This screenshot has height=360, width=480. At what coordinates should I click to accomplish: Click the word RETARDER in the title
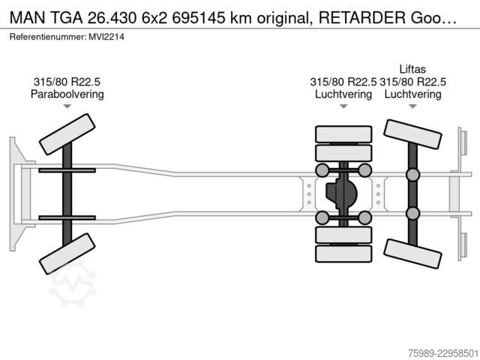pyautogui.click(x=361, y=18)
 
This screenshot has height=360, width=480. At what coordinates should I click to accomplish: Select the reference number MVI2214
pyautogui.click(x=106, y=37)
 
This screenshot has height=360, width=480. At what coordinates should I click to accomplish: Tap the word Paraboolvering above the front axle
pyautogui.click(x=67, y=94)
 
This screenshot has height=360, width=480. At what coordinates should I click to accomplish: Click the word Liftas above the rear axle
pyautogui.click(x=412, y=69)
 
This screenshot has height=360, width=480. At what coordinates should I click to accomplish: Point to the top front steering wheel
pyautogui.click(x=67, y=134)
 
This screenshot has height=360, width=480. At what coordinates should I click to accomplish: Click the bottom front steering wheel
pyautogui.click(x=67, y=253)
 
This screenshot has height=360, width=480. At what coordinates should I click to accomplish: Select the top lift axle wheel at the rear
pyautogui.click(x=412, y=134)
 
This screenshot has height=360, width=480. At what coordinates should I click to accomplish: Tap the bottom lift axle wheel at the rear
pyautogui.click(x=412, y=253)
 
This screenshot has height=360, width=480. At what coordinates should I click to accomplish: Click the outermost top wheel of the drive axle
pyautogui.click(x=343, y=134)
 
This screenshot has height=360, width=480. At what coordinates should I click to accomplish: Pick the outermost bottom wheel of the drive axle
pyautogui.click(x=343, y=253)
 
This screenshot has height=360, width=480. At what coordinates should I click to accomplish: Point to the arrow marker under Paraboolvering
pyautogui.click(x=67, y=106)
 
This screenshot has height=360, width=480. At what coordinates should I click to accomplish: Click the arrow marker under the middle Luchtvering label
pyautogui.click(x=343, y=106)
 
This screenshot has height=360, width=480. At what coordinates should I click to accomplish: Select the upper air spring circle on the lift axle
pyautogui.click(x=412, y=175)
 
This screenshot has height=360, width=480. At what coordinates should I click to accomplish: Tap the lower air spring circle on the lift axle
pyautogui.click(x=412, y=214)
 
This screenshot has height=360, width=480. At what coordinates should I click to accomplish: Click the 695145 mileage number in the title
pyautogui.click(x=198, y=18)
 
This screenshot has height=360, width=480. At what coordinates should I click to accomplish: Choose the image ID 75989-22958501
pyautogui.click(x=443, y=353)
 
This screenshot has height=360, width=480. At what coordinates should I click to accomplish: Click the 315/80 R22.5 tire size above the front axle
pyautogui.click(x=67, y=82)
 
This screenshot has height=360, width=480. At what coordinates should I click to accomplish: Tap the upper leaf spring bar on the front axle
pyautogui.click(x=67, y=170)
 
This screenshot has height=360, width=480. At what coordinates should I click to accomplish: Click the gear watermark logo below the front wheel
pyautogui.click(x=73, y=283)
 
